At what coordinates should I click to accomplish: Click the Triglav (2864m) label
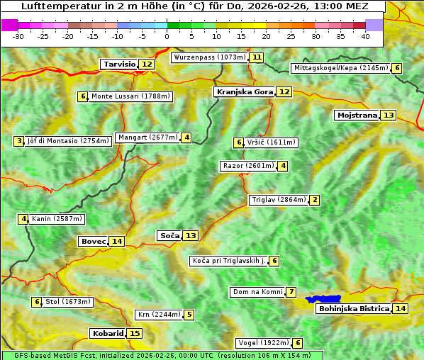(x=279, y=200)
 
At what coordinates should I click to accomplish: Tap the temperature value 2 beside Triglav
(x=314, y=200)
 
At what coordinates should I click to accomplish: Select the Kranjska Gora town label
(x=244, y=91)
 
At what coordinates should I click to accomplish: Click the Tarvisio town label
(x=119, y=64)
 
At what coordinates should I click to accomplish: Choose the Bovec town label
(x=93, y=241)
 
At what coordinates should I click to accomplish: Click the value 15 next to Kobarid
(x=135, y=333)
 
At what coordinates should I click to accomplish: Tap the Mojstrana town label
(x=357, y=115)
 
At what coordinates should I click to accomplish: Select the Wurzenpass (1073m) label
(x=210, y=57)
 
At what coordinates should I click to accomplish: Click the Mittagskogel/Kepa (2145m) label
(x=340, y=68)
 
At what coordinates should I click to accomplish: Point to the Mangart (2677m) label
(x=147, y=137)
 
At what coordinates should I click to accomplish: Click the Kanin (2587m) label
(x=57, y=219)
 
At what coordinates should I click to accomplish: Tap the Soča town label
(x=169, y=235)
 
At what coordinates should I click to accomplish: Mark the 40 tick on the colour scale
(x=365, y=35)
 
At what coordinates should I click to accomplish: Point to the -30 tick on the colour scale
(x=18, y=35)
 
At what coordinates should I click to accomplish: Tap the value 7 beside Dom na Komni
(x=291, y=292)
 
